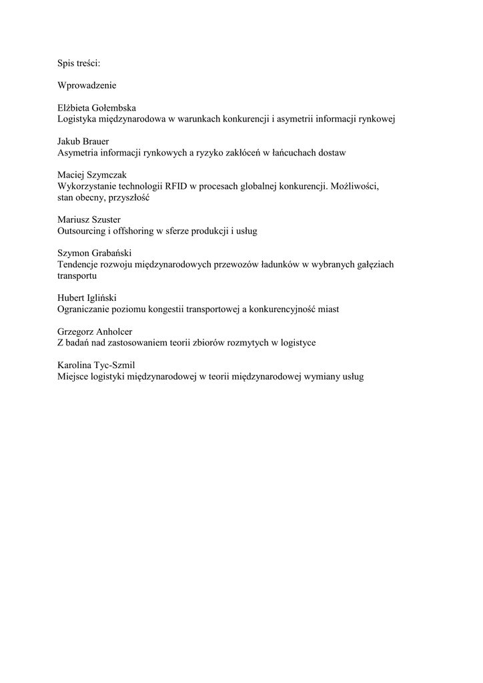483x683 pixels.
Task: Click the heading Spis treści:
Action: click(79, 63)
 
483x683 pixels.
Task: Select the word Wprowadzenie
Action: click(87, 85)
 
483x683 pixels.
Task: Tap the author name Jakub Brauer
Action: click(83, 142)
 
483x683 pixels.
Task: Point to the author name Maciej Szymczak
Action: click(92, 175)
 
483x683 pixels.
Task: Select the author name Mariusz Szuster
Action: click(89, 219)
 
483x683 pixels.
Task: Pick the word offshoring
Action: click(133, 231)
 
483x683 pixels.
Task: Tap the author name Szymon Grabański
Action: click(95, 253)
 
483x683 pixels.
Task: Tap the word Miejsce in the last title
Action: click(73, 376)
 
